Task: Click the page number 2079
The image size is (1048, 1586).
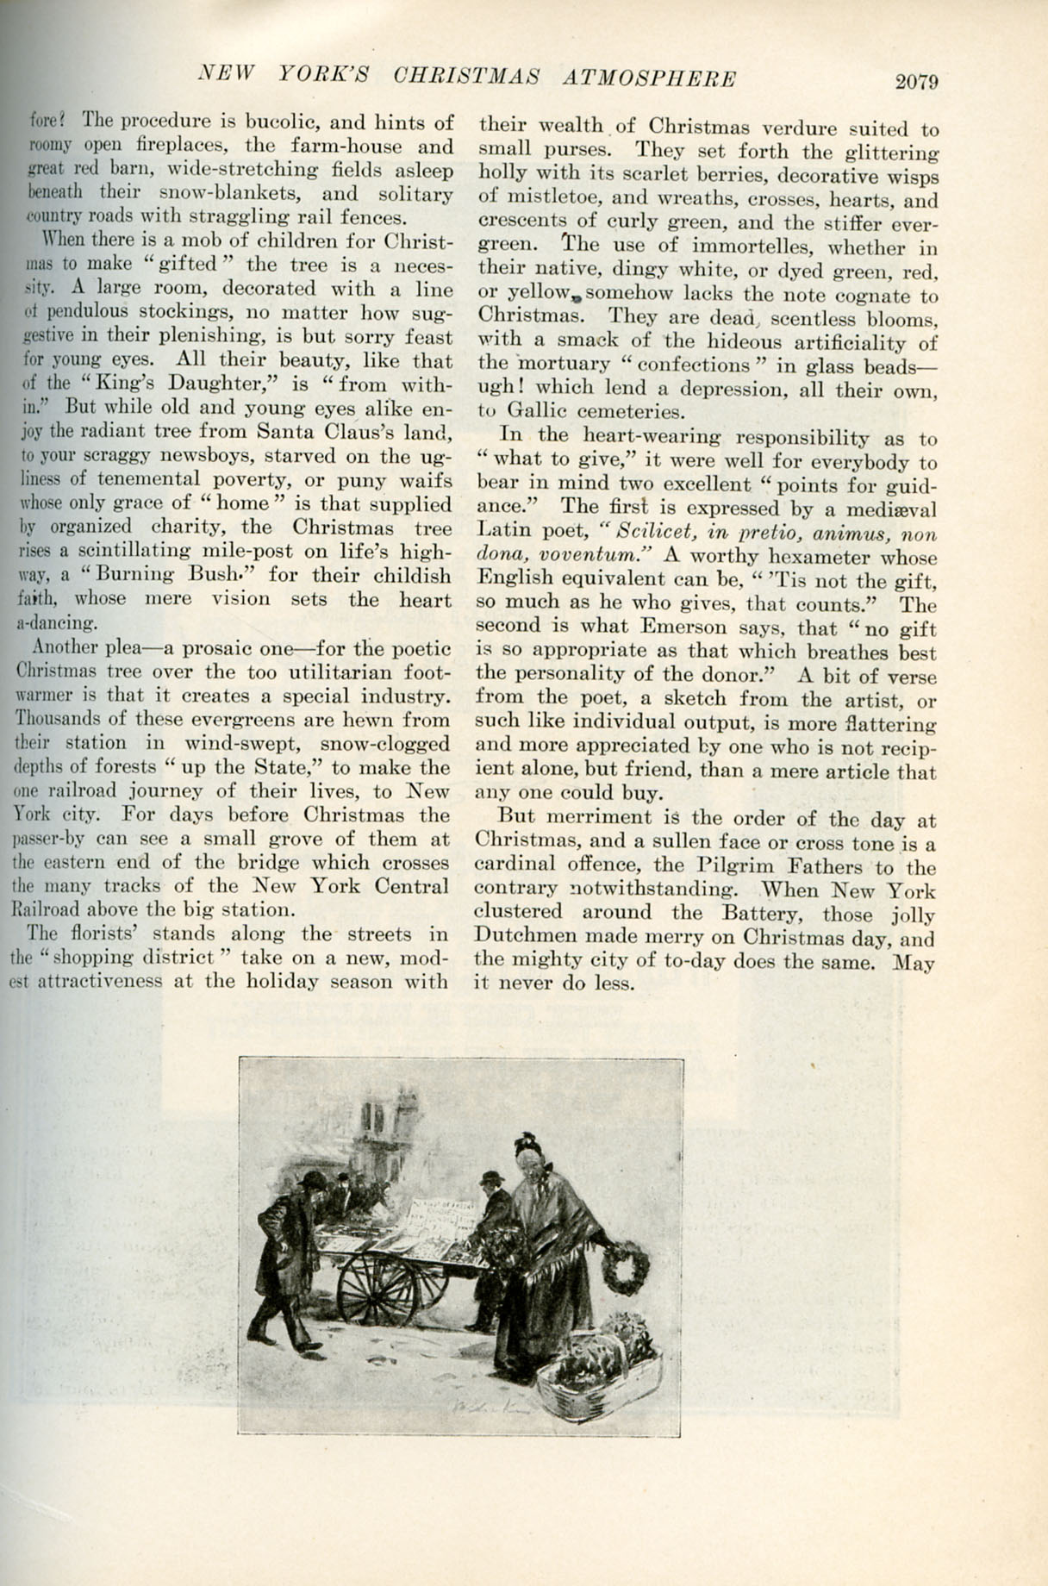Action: click(x=915, y=83)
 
